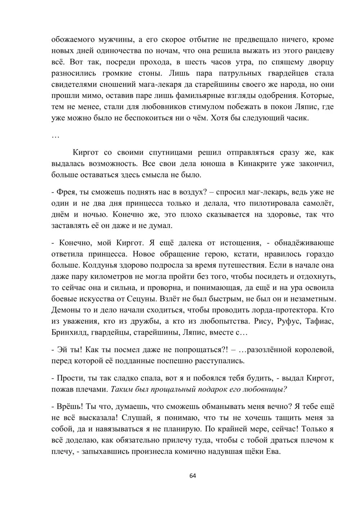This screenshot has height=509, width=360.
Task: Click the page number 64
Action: coord(193,476)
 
